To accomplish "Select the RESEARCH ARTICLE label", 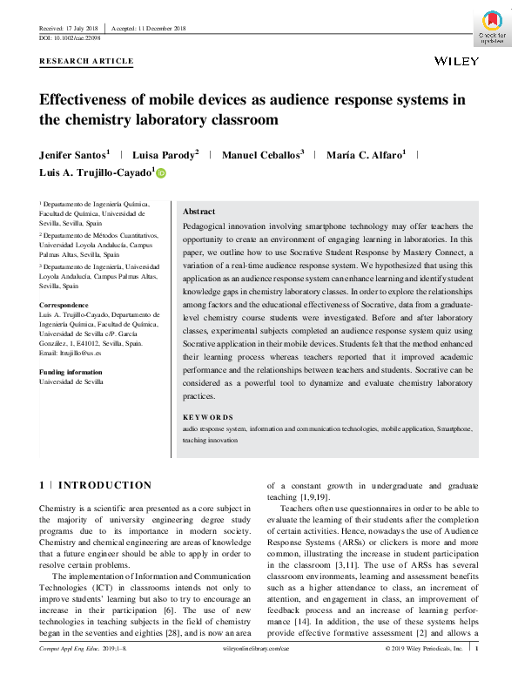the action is point(87,61).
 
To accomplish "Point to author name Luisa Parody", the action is point(165,155).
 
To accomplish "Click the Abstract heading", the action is point(198,212).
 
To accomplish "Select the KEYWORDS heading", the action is point(208,417).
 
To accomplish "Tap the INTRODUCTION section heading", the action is point(104,485).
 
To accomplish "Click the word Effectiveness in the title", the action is point(100,98).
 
